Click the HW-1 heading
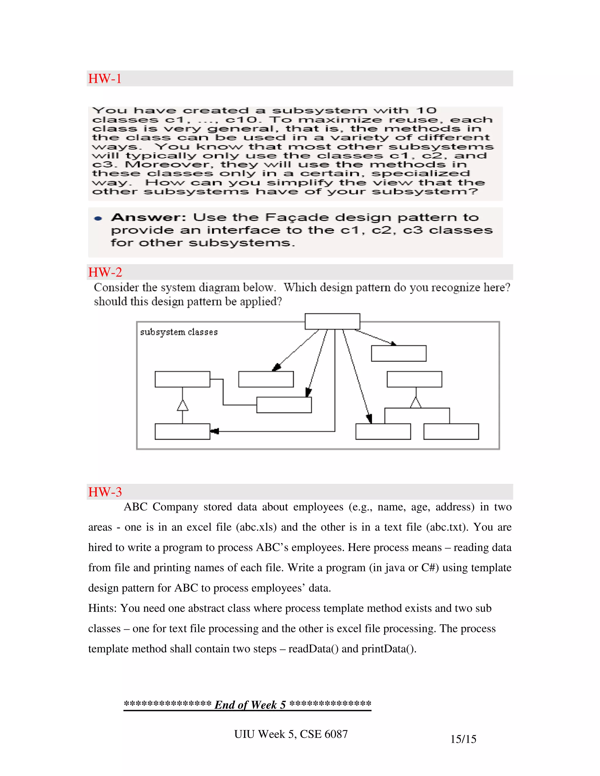click(x=105, y=78)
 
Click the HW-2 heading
click(x=105, y=272)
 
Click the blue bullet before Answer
click(x=98, y=218)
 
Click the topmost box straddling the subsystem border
click(x=332, y=321)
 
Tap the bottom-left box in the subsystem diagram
click(x=182, y=431)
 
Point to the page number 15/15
click(x=463, y=739)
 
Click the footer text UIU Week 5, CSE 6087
click(x=291, y=734)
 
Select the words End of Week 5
click(x=250, y=705)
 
